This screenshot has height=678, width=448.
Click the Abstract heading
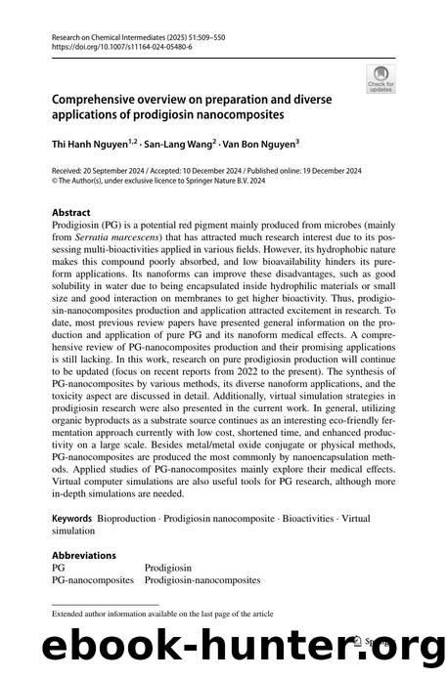[73, 210]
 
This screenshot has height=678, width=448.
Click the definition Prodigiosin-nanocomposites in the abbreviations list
[202, 579]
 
